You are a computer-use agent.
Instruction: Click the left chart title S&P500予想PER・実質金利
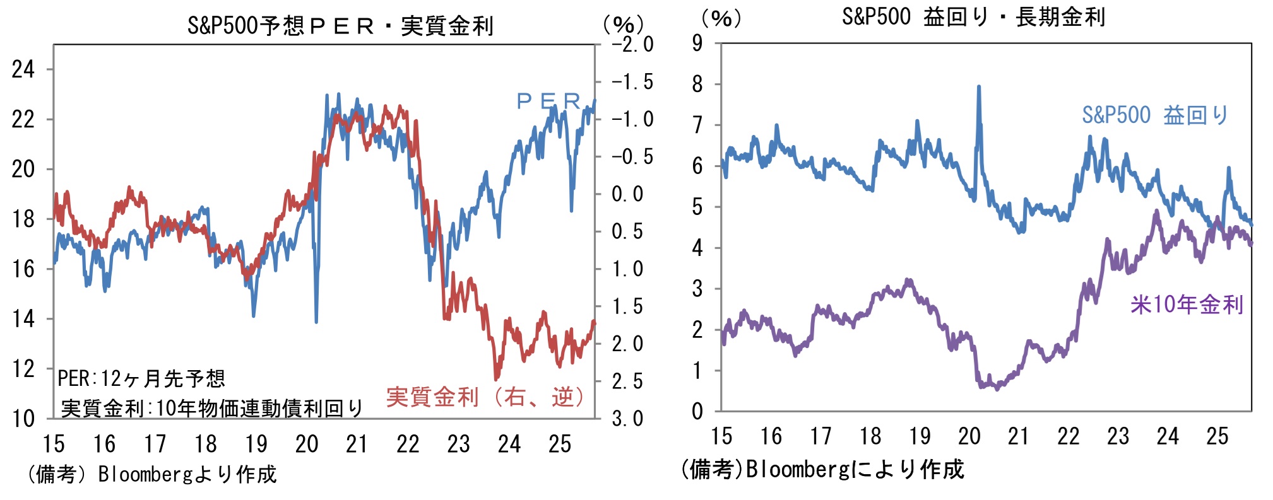340,26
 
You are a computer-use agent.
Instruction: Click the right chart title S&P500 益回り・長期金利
973,17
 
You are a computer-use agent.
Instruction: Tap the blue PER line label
548,101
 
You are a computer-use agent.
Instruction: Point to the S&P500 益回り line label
1154,115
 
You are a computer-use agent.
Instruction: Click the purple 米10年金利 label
1186,305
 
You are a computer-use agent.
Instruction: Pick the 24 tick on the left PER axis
23,69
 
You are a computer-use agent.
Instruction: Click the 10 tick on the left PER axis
23,419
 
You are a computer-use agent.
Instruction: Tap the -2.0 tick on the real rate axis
632,45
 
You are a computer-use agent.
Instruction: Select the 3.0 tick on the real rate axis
627,419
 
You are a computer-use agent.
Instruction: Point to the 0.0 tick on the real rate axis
627,194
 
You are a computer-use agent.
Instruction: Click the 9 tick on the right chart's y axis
697,44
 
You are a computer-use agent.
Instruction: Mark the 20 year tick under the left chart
307,445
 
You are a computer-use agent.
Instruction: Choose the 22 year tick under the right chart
1068,436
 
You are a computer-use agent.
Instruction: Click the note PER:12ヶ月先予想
141,378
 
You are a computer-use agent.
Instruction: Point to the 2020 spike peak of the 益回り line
979,87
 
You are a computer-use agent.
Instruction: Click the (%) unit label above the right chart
721,18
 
